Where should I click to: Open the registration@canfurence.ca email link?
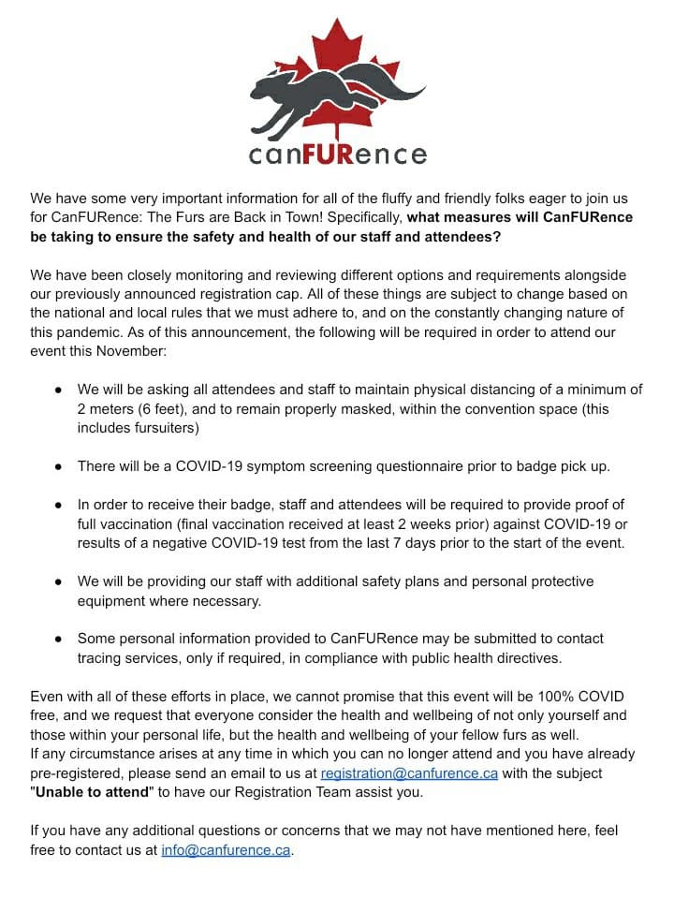click(409, 774)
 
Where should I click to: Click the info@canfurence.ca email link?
click(226, 851)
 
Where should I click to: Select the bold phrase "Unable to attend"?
click(93, 793)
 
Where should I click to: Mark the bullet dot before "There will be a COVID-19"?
click(58, 466)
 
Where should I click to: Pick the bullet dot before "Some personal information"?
click(58, 639)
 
